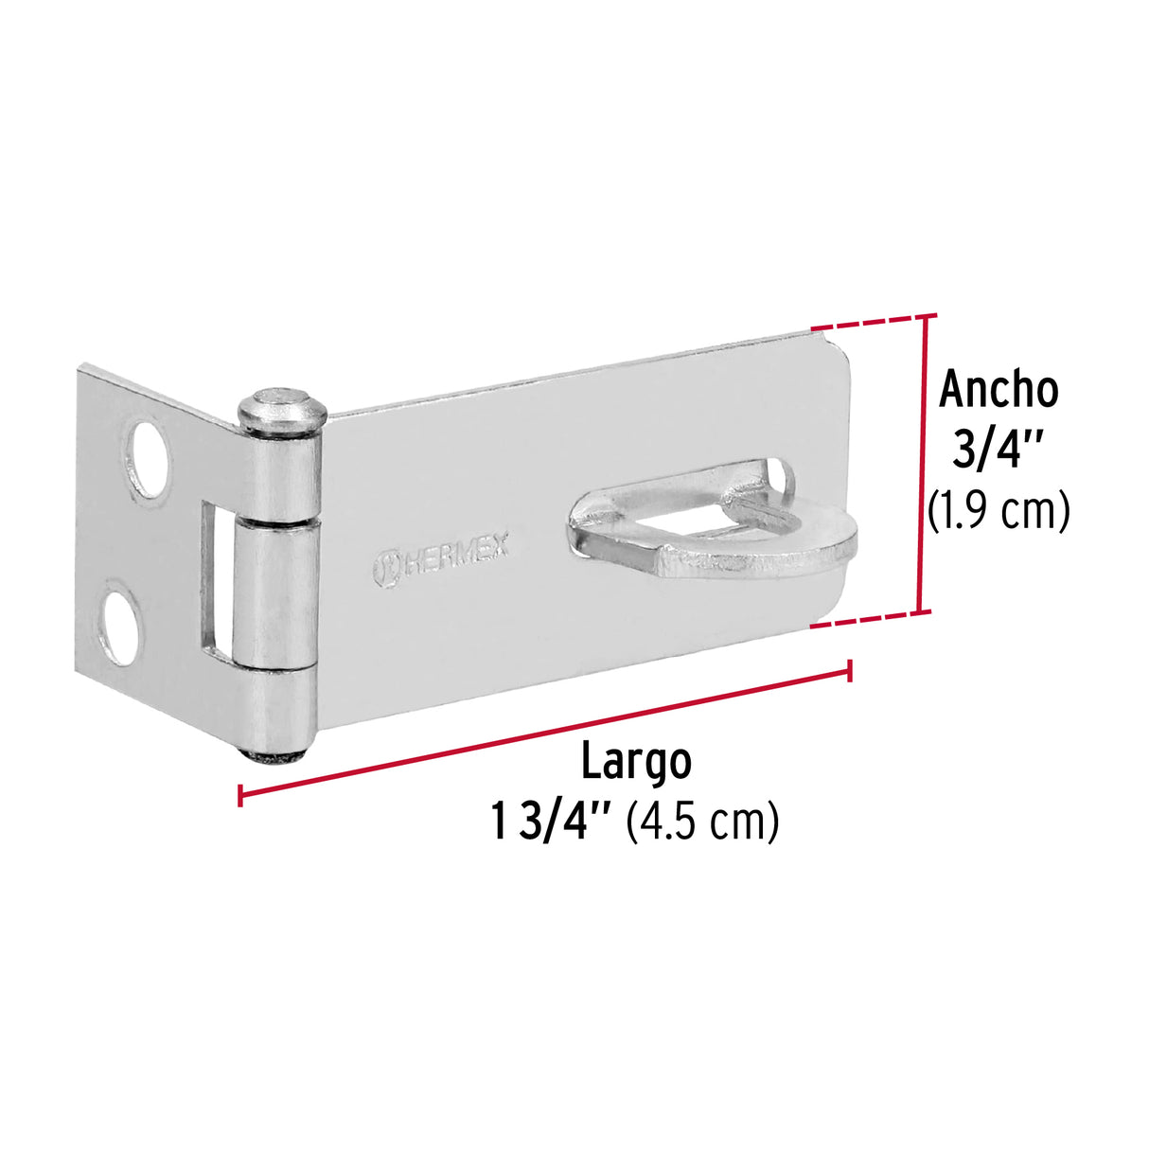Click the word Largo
[x=635, y=762]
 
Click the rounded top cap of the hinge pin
[x=281, y=408]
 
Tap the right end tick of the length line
[x=851, y=670]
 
